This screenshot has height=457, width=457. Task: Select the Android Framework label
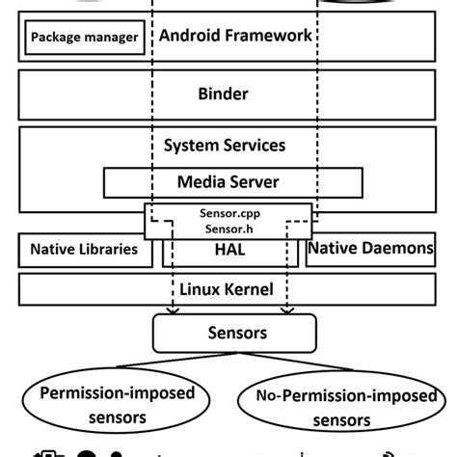tap(235, 38)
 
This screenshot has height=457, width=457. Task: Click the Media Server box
tap(228, 180)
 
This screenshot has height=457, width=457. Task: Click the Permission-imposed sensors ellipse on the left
tap(119, 406)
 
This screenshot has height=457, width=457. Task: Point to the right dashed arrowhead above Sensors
tap(286, 309)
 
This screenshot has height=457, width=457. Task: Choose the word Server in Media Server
tap(255, 180)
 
